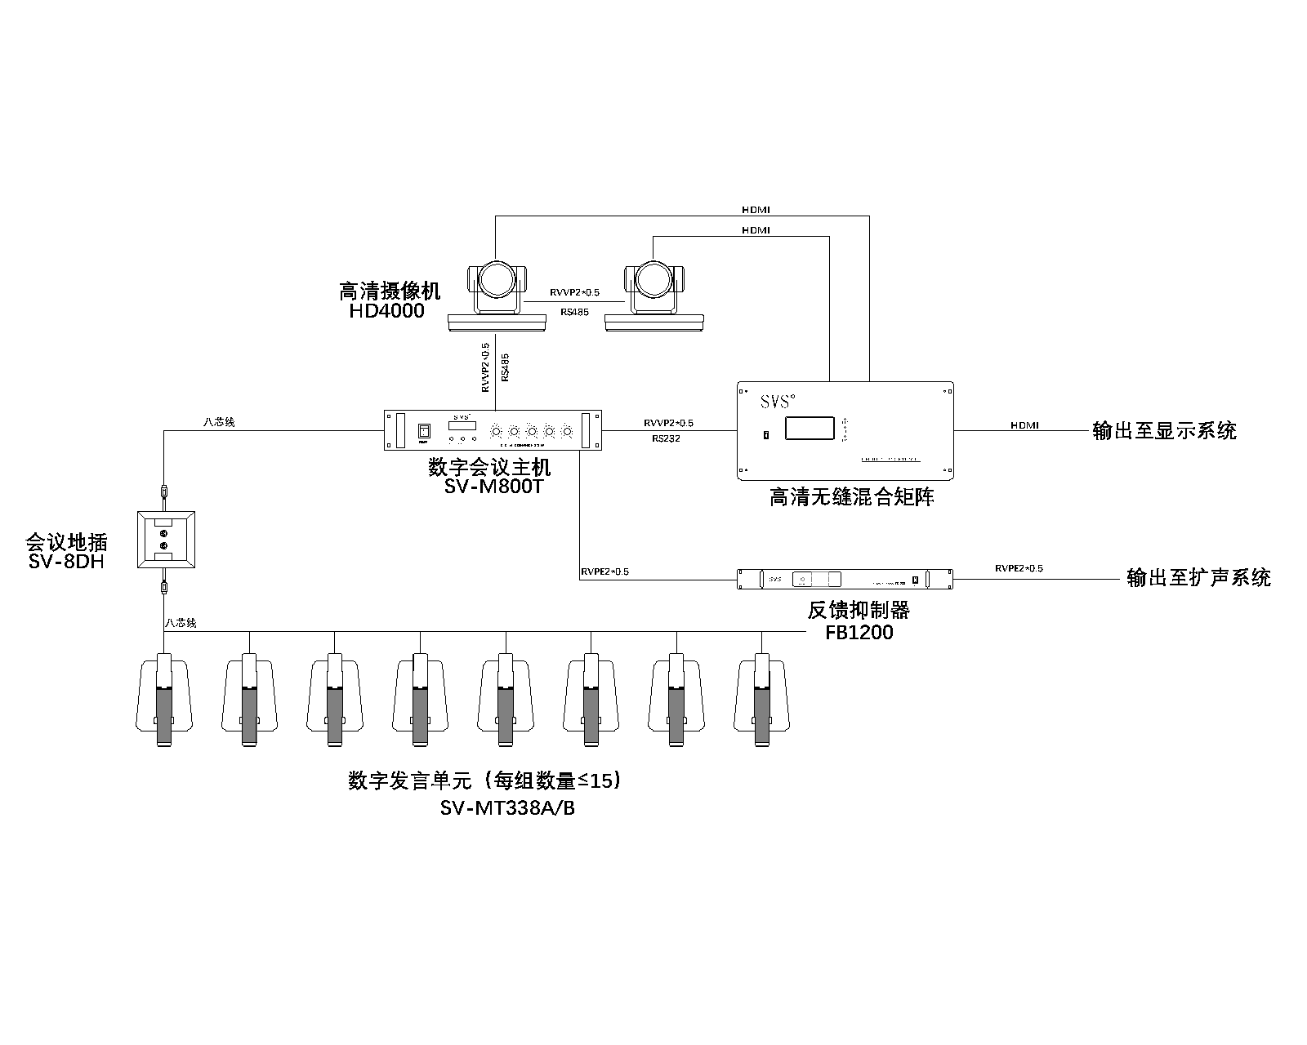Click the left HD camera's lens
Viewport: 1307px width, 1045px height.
click(x=497, y=280)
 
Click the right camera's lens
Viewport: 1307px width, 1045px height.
click(x=653, y=280)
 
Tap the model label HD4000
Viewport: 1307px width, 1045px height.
click(x=387, y=311)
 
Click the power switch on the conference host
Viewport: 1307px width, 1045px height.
click(x=423, y=432)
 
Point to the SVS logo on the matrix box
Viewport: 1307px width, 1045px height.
click(x=776, y=402)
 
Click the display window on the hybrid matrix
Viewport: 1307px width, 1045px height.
click(x=810, y=429)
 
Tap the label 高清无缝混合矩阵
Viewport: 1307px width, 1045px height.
click(x=851, y=497)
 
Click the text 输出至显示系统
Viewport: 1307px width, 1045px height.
click(x=1164, y=430)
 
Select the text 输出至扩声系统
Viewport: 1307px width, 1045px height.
click(x=1198, y=578)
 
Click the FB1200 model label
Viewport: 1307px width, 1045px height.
click(x=859, y=633)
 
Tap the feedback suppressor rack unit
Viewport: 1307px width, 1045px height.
click(x=845, y=579)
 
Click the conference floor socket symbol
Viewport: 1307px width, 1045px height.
click(x=166, y=540)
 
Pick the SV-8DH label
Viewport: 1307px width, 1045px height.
click(x=66, y=562)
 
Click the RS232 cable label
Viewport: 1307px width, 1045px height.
click(x=667, y=438)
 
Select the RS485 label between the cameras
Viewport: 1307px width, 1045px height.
click(x=574, y=312)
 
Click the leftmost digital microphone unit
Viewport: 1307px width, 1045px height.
click(x=164, y=698)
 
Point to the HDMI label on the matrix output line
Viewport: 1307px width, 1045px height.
click(x=1024, y=425)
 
